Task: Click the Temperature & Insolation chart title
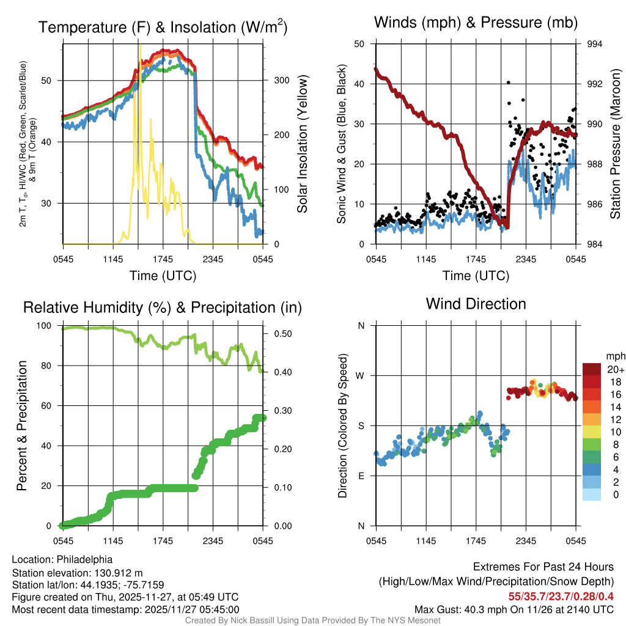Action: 163,27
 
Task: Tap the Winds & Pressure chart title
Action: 476,23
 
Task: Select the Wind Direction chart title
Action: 476,304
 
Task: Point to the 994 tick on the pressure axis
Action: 595,44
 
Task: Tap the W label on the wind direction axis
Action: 361,375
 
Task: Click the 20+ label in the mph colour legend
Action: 614,370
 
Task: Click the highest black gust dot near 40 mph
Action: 508,83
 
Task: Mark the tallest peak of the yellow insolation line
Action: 141,45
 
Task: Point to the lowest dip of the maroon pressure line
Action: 507,227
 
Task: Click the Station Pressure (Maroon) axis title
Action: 615,144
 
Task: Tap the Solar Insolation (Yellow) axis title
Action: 303,144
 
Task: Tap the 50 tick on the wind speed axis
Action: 359,44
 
